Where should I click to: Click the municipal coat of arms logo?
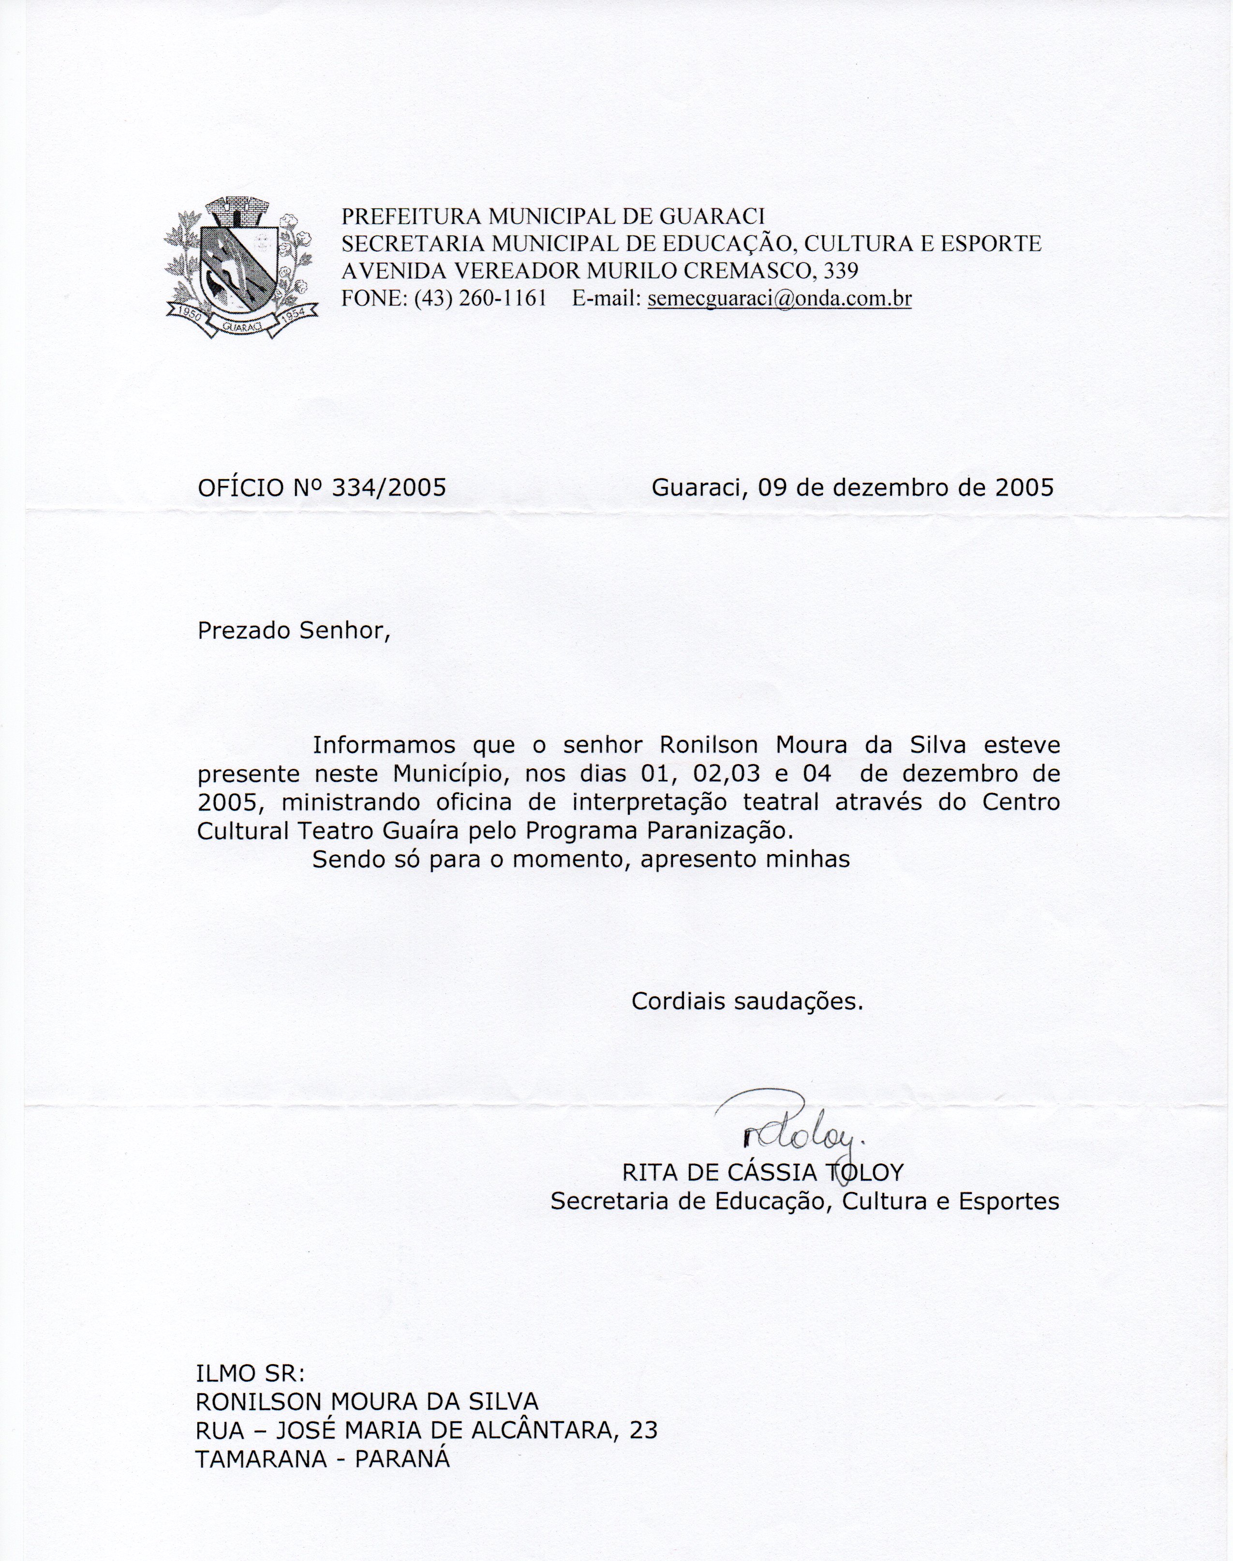(x=241, y=268)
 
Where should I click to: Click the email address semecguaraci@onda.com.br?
(x=780, y=299)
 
